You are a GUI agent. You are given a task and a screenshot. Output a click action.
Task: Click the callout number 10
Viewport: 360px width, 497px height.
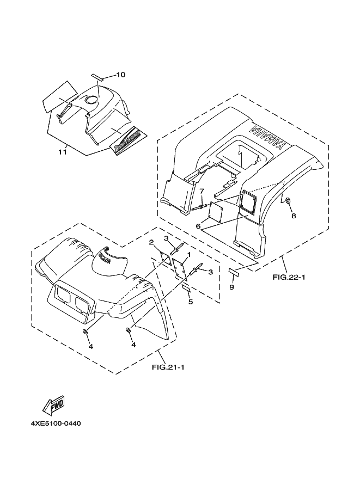(x=120, y=75)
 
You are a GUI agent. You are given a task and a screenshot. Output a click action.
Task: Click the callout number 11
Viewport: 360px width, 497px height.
(x=62, y=152)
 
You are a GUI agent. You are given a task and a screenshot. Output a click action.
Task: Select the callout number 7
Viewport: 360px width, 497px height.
(x=201, y=191)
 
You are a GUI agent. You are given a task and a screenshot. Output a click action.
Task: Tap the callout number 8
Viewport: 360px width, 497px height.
(x=294, y=216)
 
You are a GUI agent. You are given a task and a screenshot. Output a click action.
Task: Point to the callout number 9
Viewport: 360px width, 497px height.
(x=231, y=287)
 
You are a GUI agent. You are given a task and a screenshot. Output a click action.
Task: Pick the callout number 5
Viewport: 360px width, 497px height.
(x=190, y=302)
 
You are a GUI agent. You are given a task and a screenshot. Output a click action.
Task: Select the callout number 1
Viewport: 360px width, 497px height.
(x=188, y=254)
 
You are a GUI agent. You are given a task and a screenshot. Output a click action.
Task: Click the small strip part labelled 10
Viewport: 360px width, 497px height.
(x=100, y=76)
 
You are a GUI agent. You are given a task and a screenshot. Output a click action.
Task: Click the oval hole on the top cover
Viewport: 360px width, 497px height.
(x=92, y=99)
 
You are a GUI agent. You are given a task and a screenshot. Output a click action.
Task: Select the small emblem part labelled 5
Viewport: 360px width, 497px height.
(x=186, y=287)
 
